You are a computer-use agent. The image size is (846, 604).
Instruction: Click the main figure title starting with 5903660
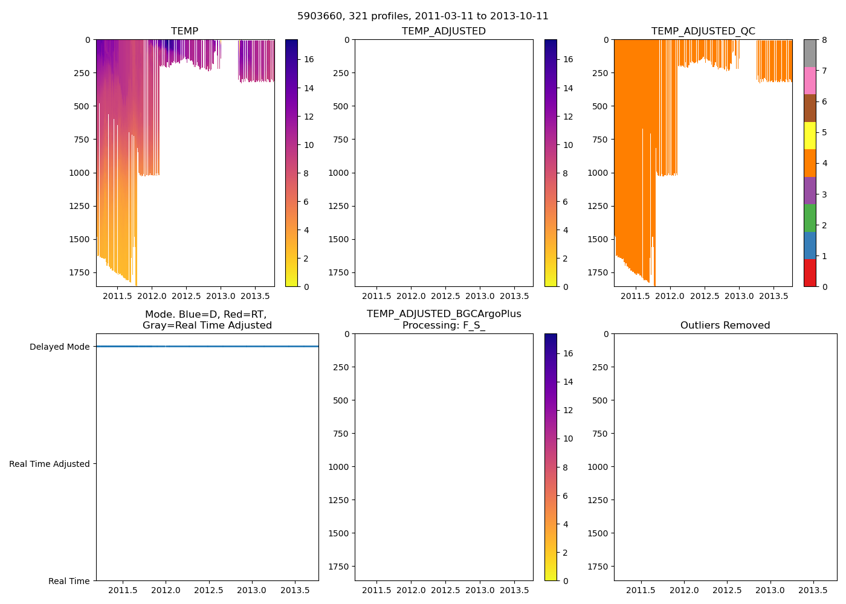pyautogui.click(x=422, y=16)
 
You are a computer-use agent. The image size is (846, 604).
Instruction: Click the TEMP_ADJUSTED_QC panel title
pyautogui.click(x=703, y=31)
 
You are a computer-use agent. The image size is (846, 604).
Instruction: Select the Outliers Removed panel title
pyautogui.click(x=725, y=326)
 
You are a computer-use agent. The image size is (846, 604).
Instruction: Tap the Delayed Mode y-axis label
pyautogui.click(x=59, y=347)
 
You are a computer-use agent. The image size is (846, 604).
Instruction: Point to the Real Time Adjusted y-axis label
pyautogui.click(x=49, y=464)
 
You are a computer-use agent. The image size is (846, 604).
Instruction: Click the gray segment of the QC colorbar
pyautogui.click(x=810, y=53)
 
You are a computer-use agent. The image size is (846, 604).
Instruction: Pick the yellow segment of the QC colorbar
pyautogui.click(x=810, y=135)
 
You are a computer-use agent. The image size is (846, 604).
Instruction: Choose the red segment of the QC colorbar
pyautogui.click(x=810, y=272)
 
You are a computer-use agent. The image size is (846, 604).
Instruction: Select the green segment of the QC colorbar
pyautogui.click(x=810, y=217)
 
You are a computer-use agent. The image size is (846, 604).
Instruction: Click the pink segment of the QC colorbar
pyautogui.click(x=810, y=80)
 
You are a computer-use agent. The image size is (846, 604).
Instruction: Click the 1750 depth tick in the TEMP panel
pyautogui.click(x=79, y=272)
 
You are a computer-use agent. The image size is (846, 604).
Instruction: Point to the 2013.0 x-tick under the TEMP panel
pyautogui.click(x=221, y=296)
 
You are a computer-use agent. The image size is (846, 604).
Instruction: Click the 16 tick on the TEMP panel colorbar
pyautogui.click(x=308, y=59)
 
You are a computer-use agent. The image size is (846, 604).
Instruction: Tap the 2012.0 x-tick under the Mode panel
pyautogui.click(x=166, y=590)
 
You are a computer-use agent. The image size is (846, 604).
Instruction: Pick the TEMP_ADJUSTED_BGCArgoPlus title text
pyautogui.click(x=444, y=314)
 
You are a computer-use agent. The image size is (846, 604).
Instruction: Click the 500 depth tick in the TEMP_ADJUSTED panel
pyautogui.click(x=340, y=106)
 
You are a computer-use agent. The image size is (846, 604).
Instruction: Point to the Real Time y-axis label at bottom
pyautogui.click(x=69, y=581)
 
